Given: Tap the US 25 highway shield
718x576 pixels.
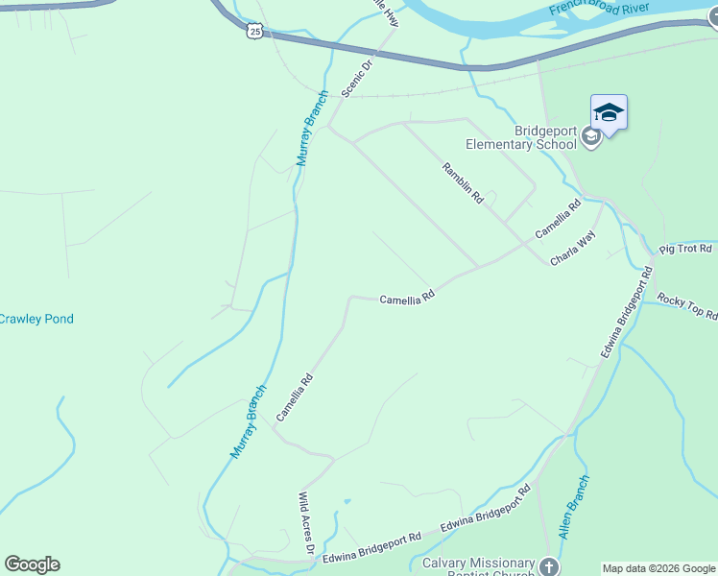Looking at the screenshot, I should pyautogui.click(x=253, y=31).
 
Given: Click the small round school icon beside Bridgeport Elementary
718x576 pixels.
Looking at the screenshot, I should pyautogui.click(x=591, y=138).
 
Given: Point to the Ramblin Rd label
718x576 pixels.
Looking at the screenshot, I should pyautogui.click(x=463, y=182).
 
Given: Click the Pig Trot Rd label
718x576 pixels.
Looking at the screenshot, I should pyautogui.click(x=685, y=249).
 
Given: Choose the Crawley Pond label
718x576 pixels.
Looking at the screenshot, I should pyautogui.click(x=36, y=319).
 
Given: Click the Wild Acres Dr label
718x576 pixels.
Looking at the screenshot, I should pyautogui.click(x=306, y=524).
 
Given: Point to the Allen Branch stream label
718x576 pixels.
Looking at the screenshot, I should pyautogui.click(x=573, y=505).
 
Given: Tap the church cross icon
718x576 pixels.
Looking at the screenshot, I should pyautogui.click(x=549, y=567).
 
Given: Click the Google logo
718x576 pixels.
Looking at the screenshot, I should pyautogui.click(x=32, y=564).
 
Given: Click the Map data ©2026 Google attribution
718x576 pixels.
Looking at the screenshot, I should pyautogui.click(x=658, y=568).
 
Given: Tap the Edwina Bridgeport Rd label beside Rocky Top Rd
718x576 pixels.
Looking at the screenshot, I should pyautogui.click(x=627, y=313).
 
